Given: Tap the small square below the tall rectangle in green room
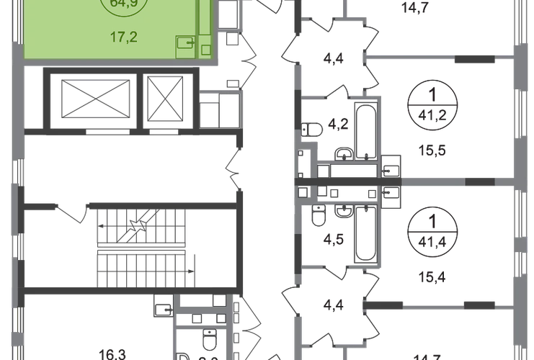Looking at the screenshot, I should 207,49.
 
